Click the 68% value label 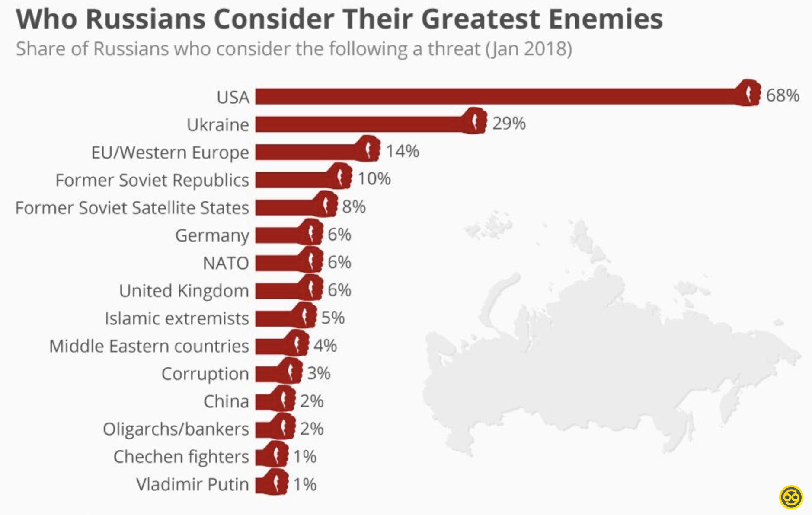(782, 95)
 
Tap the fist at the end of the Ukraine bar (474, 121)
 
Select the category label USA (233, 97)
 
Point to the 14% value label (402, 151)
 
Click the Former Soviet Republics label (152, 180)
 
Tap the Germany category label (212, 236)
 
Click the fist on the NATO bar (311, 261)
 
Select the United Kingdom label (184, 291)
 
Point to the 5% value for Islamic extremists (332, 318)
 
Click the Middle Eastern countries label (149, 346)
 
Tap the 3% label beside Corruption (319, 373)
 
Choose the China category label (226, 401)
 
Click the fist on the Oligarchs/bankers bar (283, 427)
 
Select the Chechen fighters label (181, 457)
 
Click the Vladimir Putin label (192, 484)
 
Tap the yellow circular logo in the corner (791, 497)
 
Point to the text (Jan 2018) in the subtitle (529, 49)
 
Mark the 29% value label (509, 124)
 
